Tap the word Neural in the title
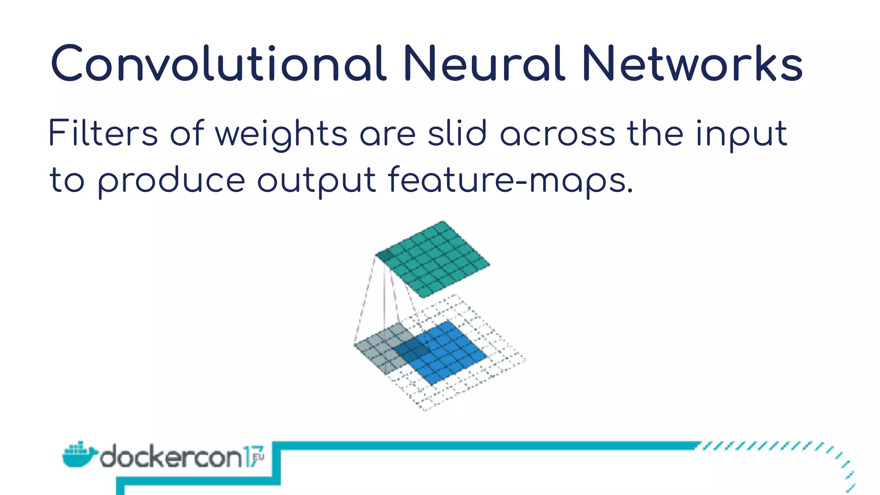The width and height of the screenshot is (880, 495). (x=483, y=64)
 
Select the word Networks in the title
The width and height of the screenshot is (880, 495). (x=692, y=64)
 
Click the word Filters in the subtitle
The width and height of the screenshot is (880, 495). (x=103, y=133)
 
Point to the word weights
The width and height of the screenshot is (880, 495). (x=281, y=134)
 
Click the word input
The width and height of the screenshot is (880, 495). (x=741, y=134)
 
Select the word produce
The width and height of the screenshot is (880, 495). (x=172, y=180)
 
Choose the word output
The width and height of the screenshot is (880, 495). (x=317, y=180)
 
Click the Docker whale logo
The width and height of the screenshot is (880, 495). (x=79, y=454)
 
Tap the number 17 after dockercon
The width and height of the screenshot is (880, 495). (x=250, y=457)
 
